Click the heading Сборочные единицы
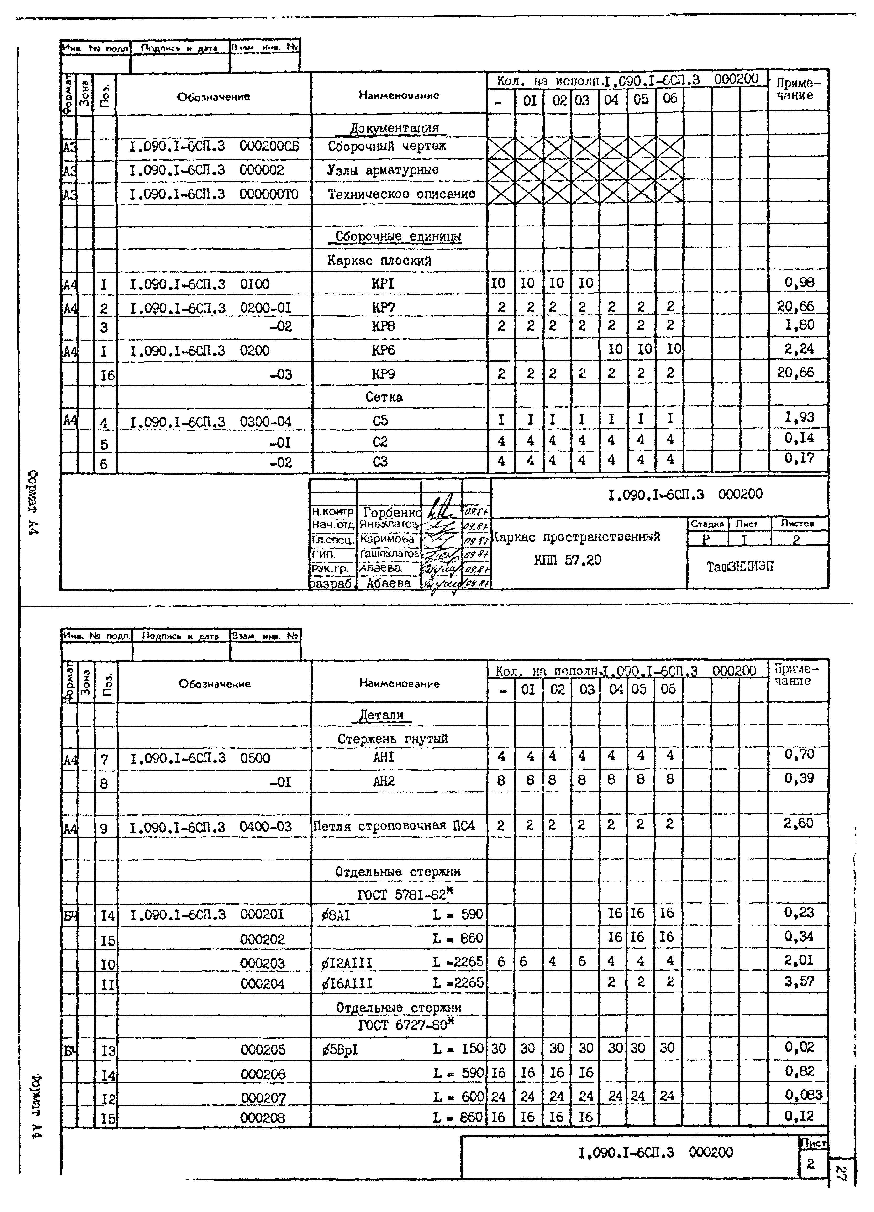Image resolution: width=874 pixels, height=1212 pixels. (x=398, y=237)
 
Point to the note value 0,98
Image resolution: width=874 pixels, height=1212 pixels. (x=799, y=283)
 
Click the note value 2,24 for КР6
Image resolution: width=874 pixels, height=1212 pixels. (x=799, y=349)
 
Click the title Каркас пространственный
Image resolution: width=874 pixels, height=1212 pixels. (x=576, y=537)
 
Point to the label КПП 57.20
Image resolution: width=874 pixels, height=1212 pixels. (x=568, y=560)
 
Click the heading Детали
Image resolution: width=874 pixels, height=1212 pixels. (x=381, y=715)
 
